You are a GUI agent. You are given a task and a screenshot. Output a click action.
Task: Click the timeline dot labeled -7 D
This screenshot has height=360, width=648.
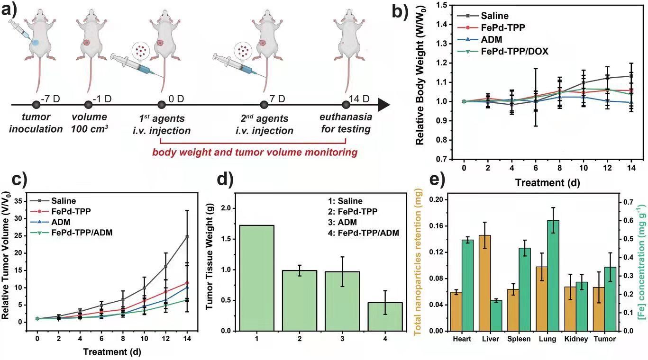(x=36, y=104)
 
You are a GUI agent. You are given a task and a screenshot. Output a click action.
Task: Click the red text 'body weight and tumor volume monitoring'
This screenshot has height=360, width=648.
(x=255, y=153)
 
